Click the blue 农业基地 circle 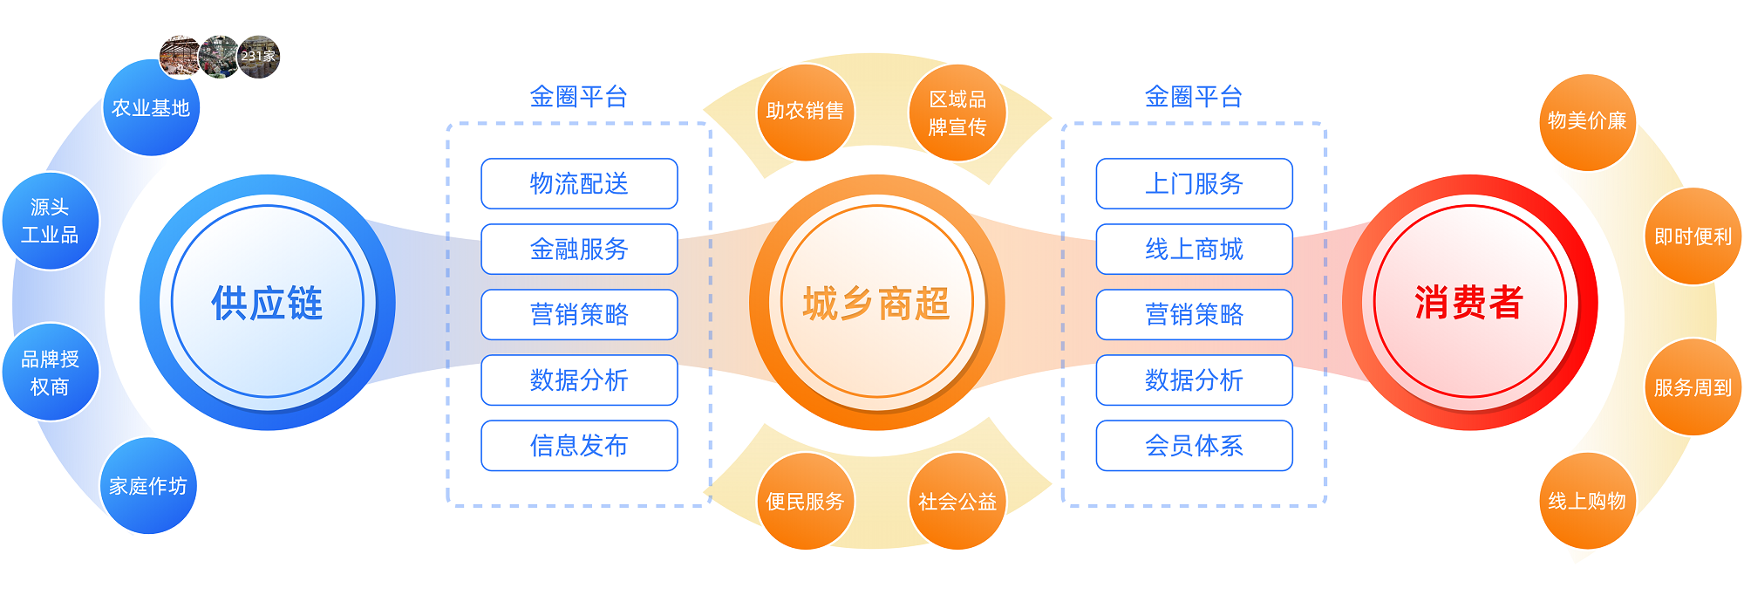(151, 108)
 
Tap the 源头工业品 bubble (50, 222)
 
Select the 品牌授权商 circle (50, 373)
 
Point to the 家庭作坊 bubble (148, 486)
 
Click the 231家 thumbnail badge (258, 57)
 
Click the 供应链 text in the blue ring (267, 303)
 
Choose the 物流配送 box (579, 184)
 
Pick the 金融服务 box (579, 250)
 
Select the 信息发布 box (579, 446)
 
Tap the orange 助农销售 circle (805, 112)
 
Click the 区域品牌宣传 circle (957, 113)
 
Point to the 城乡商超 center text (876, 304)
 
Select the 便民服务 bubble (805, 502)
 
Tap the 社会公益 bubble (957, 502)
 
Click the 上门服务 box (1194, 184)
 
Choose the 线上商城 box (1194, 250)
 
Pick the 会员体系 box (1194, 446)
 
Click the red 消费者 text (1469, 303)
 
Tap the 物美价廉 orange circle (1587, 122)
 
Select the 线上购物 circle (1587, 502)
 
